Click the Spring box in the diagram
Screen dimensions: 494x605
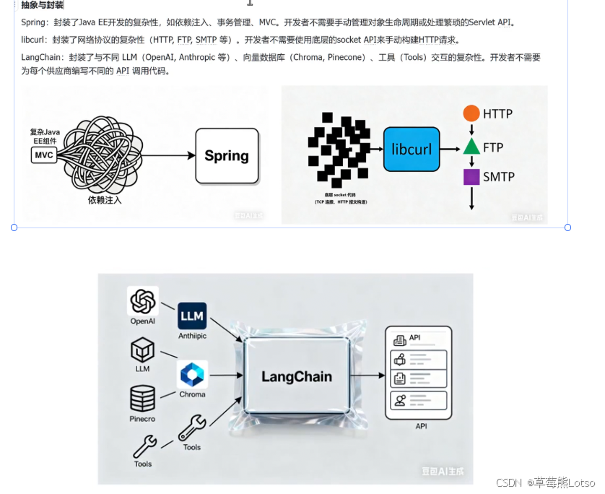click(227, 155)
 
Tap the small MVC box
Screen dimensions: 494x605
click(43, 155)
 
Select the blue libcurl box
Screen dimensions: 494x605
click(411, 149)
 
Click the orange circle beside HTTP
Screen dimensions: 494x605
click(471, 113)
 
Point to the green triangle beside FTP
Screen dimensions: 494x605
click(471, 147)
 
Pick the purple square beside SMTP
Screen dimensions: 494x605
click(471, 177)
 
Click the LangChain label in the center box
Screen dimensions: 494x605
click(297, 376)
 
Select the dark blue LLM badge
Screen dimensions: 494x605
click(192, 316)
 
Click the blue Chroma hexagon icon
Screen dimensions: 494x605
click(192, 375)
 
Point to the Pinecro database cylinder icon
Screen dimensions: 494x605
click(142, 399)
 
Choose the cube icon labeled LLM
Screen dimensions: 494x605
click(142, 350)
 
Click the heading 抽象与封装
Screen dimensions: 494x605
click(42, 5)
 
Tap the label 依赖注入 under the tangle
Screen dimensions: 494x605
click(105, 199)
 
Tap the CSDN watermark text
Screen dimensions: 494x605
click(509, 482)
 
